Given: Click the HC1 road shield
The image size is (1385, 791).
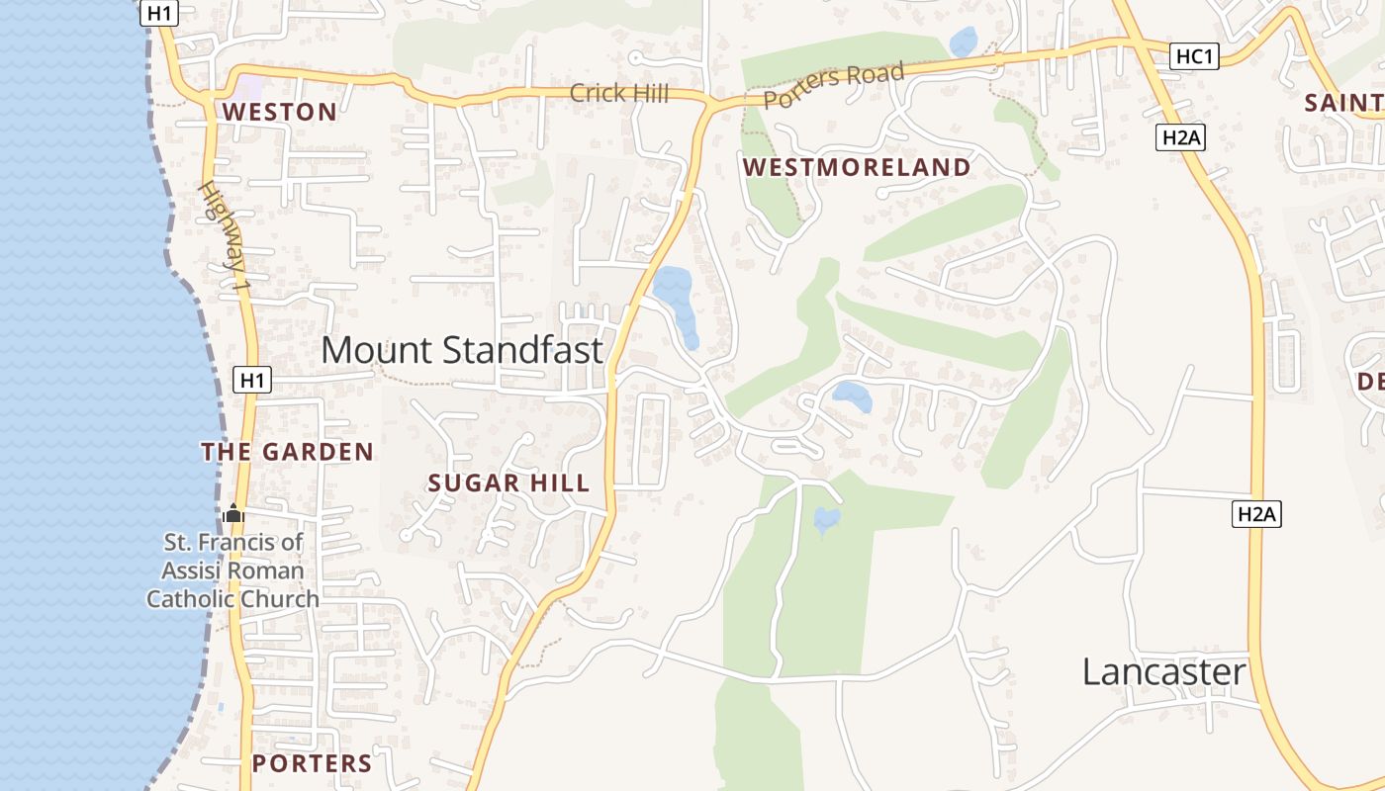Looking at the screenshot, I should click(1194, 57).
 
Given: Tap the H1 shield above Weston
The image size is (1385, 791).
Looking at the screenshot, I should click(159, 14).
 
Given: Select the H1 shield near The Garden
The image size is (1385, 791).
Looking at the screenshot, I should click(252, 380).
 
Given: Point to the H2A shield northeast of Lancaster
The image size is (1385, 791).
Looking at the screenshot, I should click(1256, 514).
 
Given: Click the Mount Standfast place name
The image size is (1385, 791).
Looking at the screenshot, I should click(461, 350).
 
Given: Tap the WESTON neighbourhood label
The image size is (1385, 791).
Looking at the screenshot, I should click(279, 112).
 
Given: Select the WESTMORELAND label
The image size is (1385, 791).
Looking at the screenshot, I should click(857, 167).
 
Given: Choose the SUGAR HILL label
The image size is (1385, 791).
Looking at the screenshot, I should click(508, 483).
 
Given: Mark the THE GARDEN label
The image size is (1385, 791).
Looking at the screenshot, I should click(287, 452).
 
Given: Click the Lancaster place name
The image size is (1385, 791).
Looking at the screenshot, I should click(1163, 672).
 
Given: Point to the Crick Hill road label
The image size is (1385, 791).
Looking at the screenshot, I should click(619, 94).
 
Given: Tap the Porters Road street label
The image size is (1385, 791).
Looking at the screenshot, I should click(833, 85).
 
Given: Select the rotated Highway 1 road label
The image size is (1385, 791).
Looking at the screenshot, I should click(225, 235).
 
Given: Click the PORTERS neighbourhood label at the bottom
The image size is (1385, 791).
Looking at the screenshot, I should click(312, 763).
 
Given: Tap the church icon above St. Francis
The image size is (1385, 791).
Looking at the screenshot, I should click(233, 513).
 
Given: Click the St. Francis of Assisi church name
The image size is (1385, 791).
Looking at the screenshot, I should click(233, 571).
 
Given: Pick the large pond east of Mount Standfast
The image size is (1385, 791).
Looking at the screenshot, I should click(676, 300).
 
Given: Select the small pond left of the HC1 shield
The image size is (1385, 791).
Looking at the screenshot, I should click(963, 42).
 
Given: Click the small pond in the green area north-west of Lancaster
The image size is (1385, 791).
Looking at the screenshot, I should click(826, 519).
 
